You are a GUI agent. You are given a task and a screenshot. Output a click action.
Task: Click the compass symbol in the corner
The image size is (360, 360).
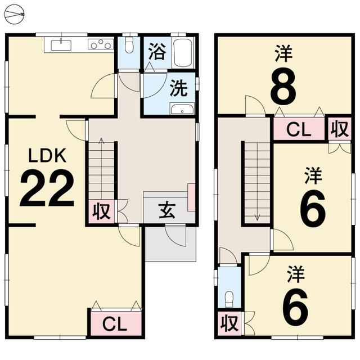coord(14,15)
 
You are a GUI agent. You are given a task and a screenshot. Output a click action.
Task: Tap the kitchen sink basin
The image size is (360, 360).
coord(61,45)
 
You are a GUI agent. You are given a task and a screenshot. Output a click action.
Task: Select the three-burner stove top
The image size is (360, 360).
coord(101,44)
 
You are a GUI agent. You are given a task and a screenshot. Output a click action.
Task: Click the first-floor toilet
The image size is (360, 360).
coord(129,45)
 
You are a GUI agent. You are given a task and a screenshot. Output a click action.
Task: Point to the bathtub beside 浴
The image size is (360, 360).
coord(183,53)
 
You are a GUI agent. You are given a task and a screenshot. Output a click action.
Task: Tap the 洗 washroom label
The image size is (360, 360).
coord(179,88)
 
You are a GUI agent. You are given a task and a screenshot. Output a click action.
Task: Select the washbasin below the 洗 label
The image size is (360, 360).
coord(182,109)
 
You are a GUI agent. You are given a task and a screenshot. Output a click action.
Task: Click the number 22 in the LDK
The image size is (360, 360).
coord(47,188)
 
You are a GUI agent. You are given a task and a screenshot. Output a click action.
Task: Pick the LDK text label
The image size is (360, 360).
coord(47,155)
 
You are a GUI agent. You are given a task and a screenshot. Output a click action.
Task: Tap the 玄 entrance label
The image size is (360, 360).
coord(167,210)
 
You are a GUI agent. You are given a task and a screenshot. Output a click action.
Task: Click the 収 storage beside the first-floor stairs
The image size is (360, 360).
coord(101,211)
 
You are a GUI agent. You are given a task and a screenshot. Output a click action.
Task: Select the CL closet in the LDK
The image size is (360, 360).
coord(116,323)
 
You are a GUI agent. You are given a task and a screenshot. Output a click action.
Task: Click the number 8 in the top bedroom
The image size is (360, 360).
coord(283,86)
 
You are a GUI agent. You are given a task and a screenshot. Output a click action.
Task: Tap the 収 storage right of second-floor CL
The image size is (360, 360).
coord(340,129)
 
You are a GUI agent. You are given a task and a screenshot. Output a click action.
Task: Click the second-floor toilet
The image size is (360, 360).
coord(229,299)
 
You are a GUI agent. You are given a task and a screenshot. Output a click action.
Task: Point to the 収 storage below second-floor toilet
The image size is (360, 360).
coord(229,323)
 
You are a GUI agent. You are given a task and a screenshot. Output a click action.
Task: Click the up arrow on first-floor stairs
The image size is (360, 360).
coord(101,165)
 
